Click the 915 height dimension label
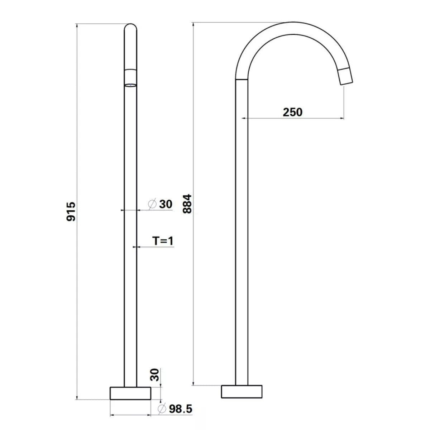click(71, 211)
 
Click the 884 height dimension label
click(187, 204)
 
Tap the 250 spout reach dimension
click(292, 112)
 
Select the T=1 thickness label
click(163, 241)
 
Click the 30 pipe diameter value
click(166, 204)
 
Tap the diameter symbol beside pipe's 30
click(152, 204)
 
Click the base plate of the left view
click(130, 393)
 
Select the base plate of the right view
click(242, 391)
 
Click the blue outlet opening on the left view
click(130, 85)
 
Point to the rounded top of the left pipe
click(130, 27)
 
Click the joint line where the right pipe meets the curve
click(242, 79)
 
